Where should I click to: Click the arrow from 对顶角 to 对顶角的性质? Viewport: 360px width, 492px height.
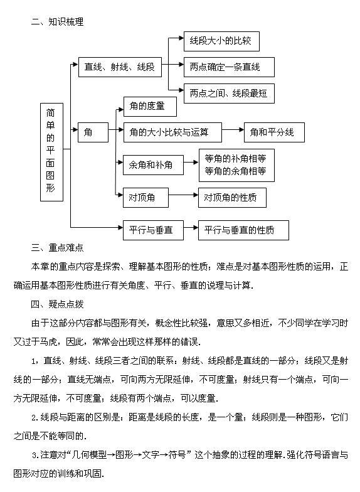pos(183,195)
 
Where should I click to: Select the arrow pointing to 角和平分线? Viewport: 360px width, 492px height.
pos(233,129)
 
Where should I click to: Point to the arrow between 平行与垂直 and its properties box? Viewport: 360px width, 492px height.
pos(191,227)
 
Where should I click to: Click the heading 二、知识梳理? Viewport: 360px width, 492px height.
pos(58,21)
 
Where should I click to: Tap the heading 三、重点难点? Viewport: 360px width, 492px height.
pos(58,247)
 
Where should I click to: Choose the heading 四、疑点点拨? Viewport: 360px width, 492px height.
pos(58,304)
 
